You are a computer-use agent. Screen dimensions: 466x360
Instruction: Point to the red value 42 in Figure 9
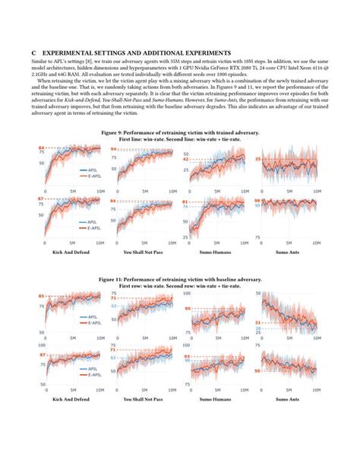point(185,160)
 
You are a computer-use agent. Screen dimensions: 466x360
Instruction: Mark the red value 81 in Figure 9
point(185,202)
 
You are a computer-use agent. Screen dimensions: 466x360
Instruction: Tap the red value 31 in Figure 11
point(258,322)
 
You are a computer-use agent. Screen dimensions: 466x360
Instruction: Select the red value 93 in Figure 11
point(185,356)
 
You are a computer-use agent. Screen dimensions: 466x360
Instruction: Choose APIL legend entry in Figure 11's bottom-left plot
point(92,369)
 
